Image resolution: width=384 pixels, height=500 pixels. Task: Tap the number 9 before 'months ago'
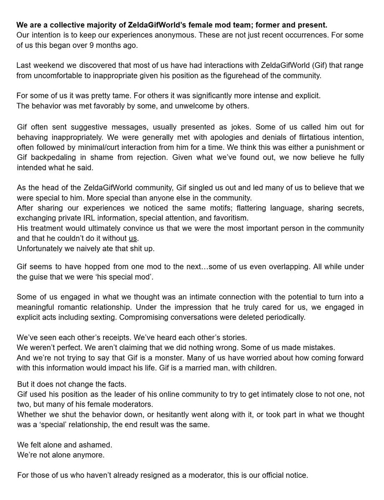[x=92, y=45]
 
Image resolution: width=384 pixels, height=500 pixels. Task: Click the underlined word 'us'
[x=133, y=238]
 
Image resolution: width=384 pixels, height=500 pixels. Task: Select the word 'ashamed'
[x=98, y=445]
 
